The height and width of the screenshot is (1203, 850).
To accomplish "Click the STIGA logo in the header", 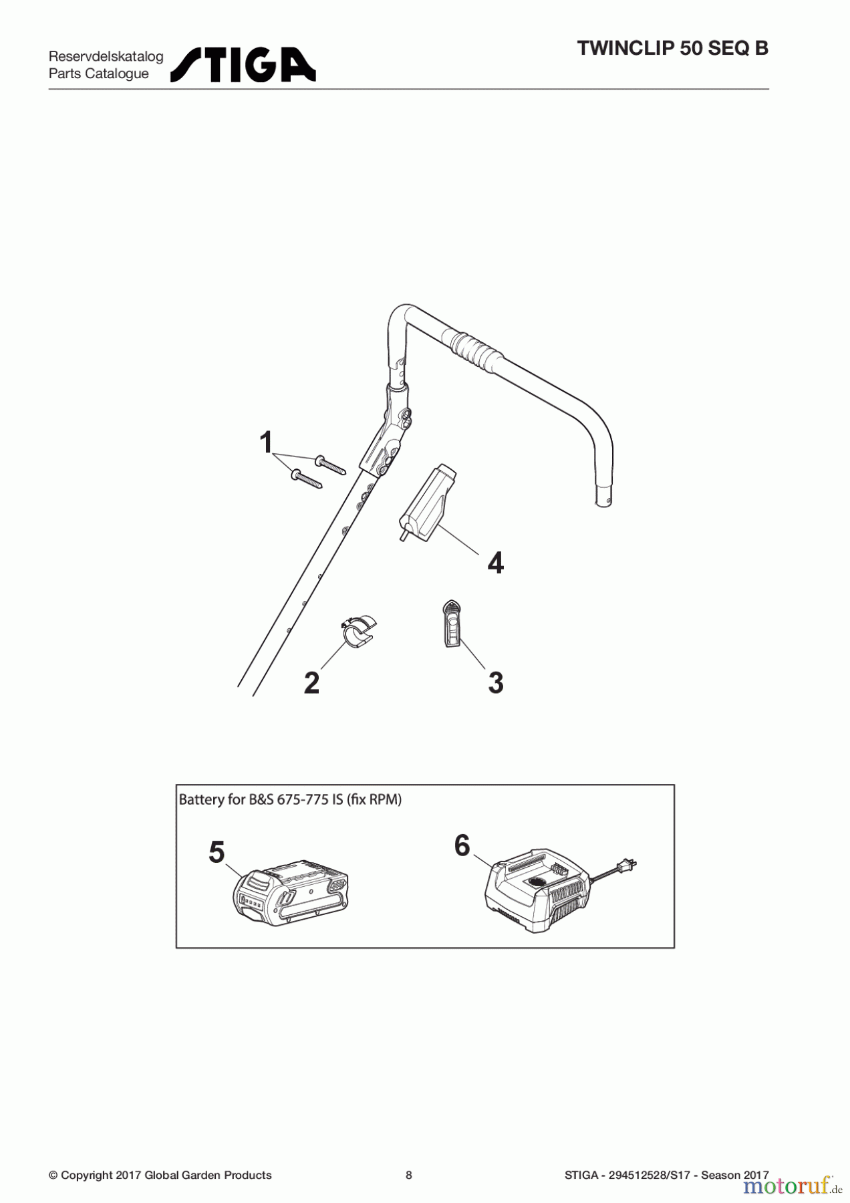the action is [x=243, y=65].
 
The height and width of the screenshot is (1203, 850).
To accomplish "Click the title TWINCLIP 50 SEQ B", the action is [x=672, y=49].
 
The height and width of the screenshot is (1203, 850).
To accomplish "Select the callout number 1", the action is [x=266, y=442].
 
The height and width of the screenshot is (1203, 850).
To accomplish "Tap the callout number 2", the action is [x=311, y=683].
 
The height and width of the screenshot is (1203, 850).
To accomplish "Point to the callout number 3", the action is [x=495, y=683].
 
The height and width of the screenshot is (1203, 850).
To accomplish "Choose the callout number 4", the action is [x=495, y=563].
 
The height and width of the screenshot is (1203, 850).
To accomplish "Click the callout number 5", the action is [x=217, y=852].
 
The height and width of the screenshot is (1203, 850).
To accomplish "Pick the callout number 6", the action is [x=462, y=845].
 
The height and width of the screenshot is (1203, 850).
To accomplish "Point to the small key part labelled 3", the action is [x=451, y=624].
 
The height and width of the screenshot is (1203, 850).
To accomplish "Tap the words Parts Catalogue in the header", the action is [x=99, y=74].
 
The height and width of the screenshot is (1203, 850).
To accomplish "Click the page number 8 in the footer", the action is [x=409, y=1175].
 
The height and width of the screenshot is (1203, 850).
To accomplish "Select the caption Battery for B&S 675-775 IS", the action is [x=290, y=799].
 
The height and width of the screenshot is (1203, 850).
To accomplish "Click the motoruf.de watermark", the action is [x=791, y=1185].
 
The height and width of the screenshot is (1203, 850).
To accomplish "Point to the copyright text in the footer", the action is [x=160, y=1175].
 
